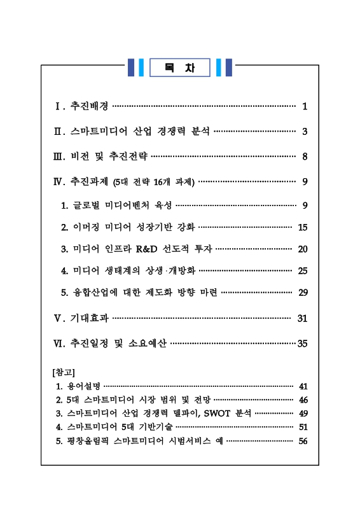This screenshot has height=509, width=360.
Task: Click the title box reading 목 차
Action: (180, 67)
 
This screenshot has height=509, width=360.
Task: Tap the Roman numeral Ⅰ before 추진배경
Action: (58, 106)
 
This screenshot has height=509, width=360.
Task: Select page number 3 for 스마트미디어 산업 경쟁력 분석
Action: (305, 132)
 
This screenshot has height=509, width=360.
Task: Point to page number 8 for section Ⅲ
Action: (305, 156)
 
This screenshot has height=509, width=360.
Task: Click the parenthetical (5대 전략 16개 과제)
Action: (153, 182)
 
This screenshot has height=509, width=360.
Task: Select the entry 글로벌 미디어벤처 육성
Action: (122, 205)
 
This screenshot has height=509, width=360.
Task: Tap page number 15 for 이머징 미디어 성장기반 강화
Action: (303, 227)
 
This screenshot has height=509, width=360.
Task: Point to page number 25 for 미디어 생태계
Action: (303, 270)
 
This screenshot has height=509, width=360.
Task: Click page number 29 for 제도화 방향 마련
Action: (303, 292)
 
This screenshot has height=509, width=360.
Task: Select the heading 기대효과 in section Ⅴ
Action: (89, 317)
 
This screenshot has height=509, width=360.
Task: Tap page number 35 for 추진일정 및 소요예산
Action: (303, 344)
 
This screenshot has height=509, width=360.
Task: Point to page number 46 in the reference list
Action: (303, 400)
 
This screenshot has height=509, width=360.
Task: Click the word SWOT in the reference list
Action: (218, 414)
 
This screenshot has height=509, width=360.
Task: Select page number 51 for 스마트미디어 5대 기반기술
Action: (303, 428)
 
